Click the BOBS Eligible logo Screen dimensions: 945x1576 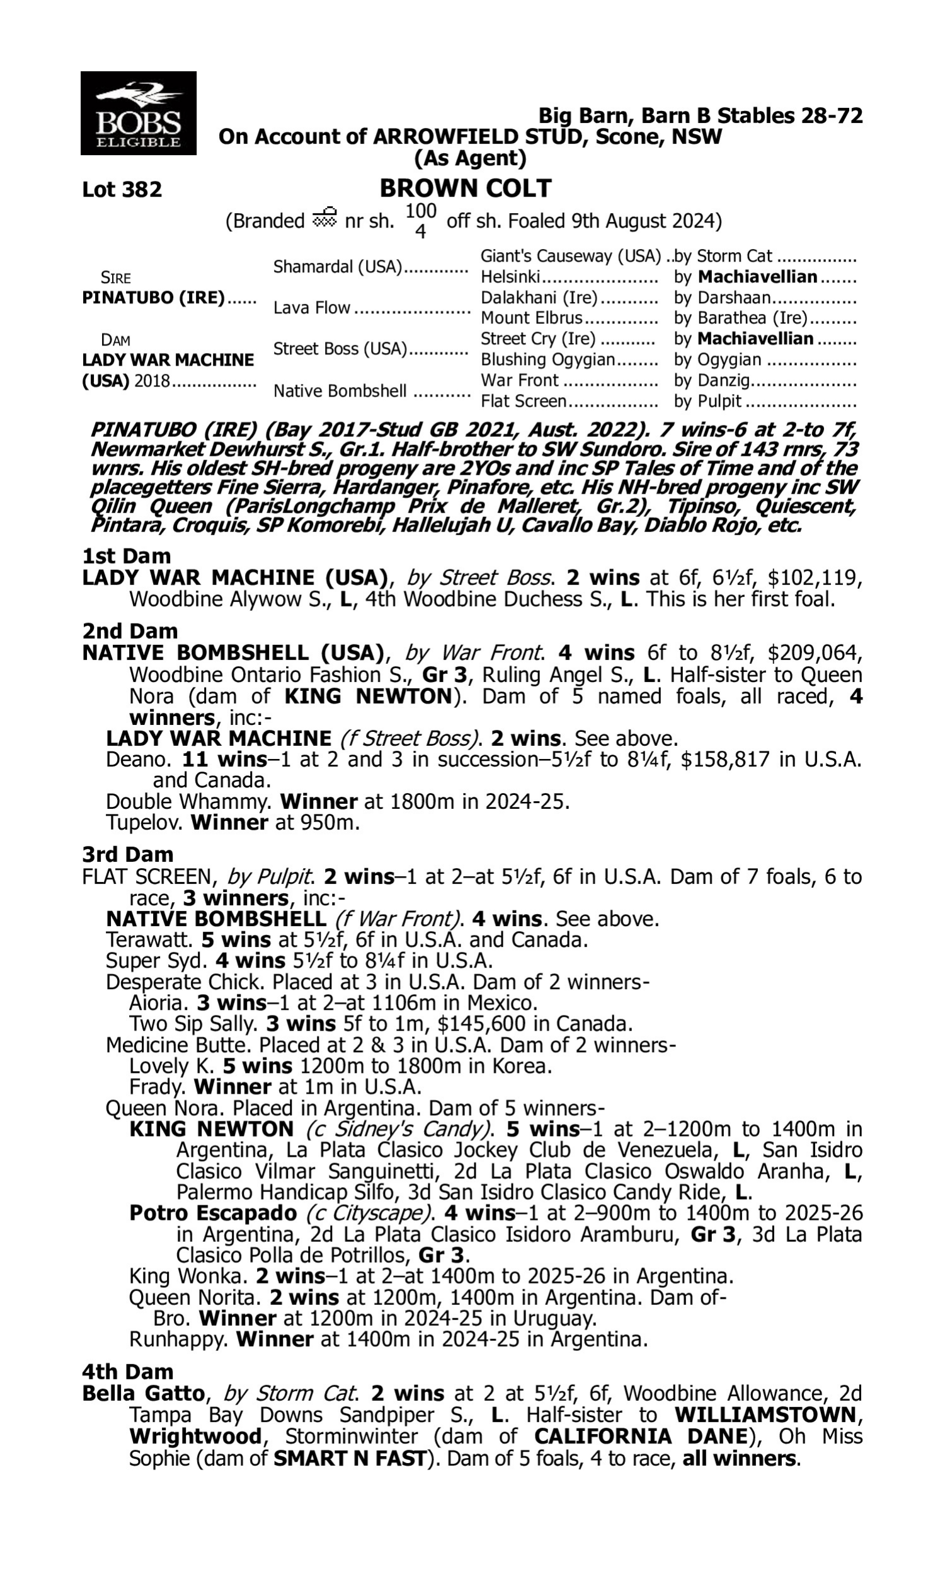tap(138, 113)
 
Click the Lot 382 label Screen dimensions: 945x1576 tap(122, 189)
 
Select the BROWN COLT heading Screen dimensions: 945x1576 tap(466, 188)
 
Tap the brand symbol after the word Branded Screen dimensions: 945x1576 tap(324, 219)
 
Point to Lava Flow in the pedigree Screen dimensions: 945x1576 tap(311, 308)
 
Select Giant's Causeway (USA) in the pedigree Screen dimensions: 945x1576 tap(571, 256)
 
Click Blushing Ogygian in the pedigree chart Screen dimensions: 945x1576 tap(547, 359)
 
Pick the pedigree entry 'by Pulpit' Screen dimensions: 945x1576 tap(707, 401)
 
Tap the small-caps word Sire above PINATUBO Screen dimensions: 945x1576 tap(116, 278)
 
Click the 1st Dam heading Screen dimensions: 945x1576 tap(126, 555)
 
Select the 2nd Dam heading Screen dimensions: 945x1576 tap(129, 630)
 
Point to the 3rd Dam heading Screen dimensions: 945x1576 tap(127, 854)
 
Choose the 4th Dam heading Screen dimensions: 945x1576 tap(127, 1372)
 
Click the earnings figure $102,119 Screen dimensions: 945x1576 tap(815, 578)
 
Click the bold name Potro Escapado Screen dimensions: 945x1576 tap(213, 1213)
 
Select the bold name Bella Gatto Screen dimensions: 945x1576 tap(143, 1394)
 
